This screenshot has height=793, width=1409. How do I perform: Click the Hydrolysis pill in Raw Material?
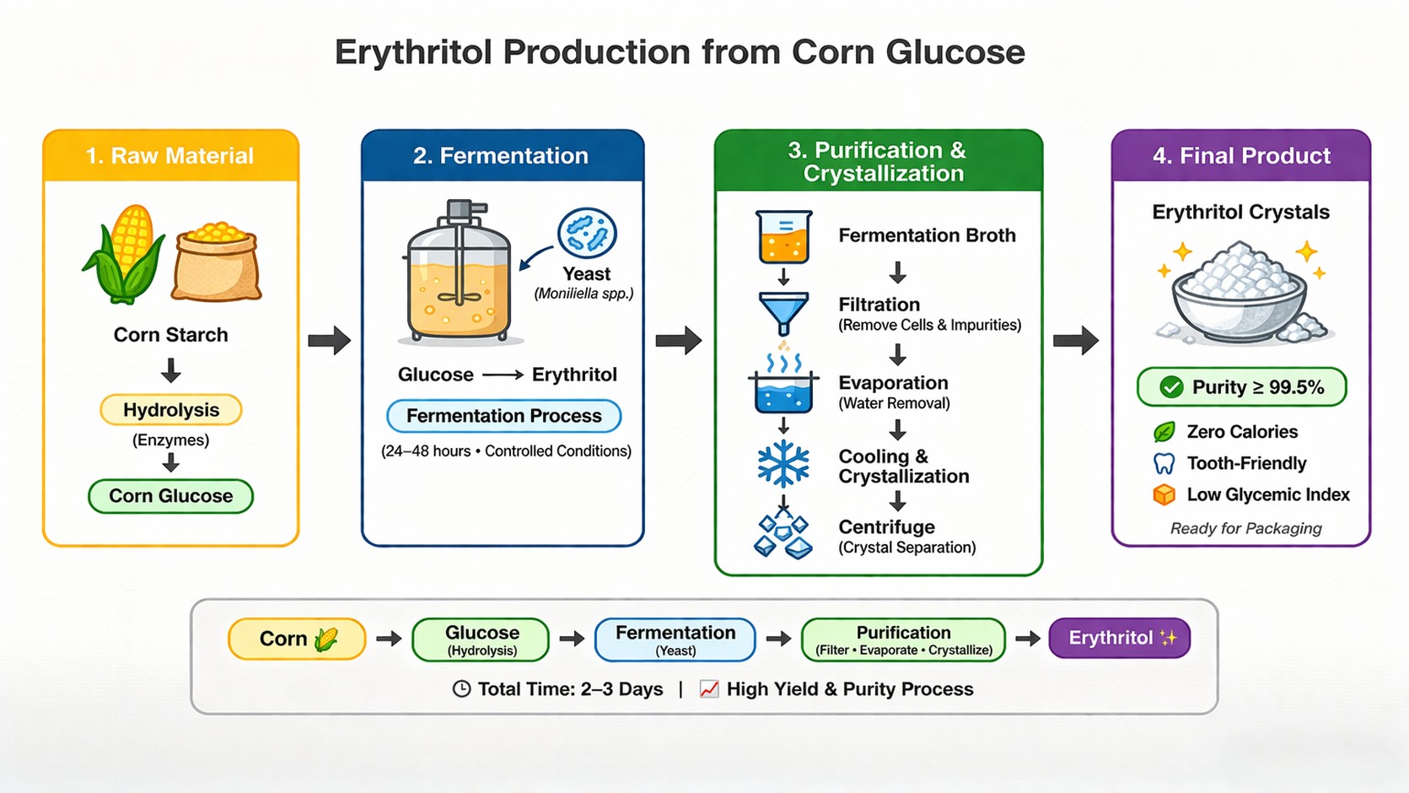pos(171,410)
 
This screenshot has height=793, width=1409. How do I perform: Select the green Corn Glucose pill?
pos(171,496)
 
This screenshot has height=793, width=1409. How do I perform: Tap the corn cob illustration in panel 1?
pos(126,253)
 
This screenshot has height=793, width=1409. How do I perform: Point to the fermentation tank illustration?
pos(459,274)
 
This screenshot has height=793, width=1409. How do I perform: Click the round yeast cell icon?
pos(587,233)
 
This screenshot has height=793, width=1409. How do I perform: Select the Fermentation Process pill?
pos(503,416)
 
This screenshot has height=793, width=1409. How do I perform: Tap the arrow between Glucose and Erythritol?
pos(503,375)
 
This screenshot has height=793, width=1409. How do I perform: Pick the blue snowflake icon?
pos(783,464)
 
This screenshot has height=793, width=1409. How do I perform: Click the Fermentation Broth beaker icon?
pos(783,237)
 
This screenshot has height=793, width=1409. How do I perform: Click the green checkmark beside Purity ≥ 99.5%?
pos(1171,387)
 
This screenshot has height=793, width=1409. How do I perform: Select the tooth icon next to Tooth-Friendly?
pos(1164,463)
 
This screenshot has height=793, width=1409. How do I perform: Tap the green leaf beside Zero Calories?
pos(1164,432)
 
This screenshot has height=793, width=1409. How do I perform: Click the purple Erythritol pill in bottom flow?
pos(1119,638)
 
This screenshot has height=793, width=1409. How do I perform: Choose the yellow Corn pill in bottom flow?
pos(297,639)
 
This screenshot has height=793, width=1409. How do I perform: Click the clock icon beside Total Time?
pos(461,689)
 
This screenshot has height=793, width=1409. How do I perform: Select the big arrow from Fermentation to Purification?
pos(679,341)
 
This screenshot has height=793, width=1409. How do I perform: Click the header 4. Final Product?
pos(1240,156)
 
